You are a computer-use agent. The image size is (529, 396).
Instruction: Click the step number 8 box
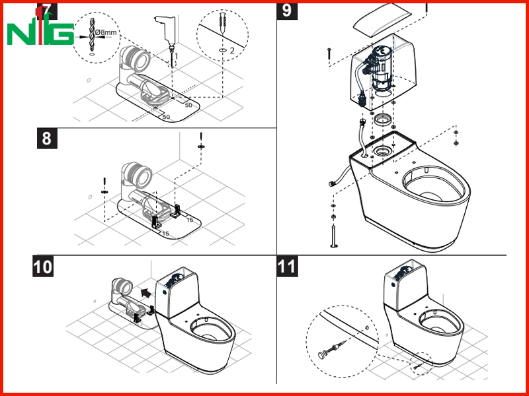47,138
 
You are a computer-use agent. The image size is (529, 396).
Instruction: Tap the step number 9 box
287,11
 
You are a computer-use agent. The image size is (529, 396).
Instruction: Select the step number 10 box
43,266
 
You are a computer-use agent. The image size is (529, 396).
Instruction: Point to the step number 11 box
287,266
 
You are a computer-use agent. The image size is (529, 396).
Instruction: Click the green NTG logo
40,30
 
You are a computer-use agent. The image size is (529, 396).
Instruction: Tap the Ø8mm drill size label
106,32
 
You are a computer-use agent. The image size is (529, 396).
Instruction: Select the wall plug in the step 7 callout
223,22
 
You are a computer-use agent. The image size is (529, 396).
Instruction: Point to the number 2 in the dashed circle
232,51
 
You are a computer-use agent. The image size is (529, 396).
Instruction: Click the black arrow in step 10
145,292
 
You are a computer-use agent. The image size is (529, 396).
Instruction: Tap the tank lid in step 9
383,20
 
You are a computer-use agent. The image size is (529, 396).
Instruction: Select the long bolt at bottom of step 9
334,236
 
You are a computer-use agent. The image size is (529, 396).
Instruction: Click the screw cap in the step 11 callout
321,354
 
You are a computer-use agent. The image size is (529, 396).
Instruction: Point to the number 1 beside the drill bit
176,55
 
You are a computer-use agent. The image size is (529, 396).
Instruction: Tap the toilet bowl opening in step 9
433,185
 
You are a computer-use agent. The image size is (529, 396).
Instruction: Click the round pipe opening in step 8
142,176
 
